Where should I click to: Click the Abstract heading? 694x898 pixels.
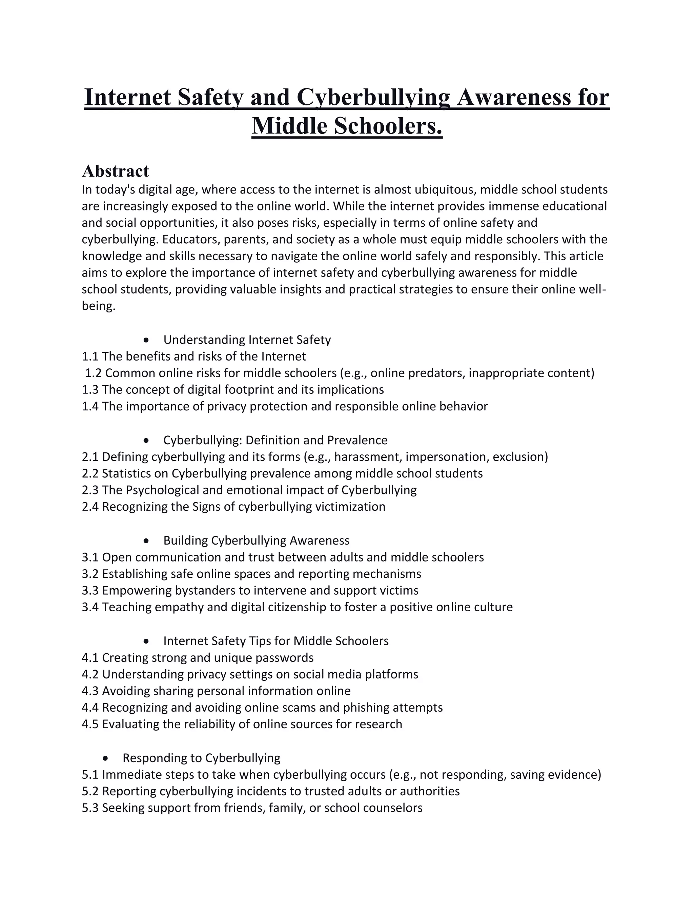(x=115, y=171)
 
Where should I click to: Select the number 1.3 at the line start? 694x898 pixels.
(x=90, y=389)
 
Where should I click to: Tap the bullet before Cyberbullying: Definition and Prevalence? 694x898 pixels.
(x=146, y=441)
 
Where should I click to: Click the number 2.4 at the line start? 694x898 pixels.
(x=90, y=507)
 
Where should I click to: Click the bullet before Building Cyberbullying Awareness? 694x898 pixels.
(x=146, y=541)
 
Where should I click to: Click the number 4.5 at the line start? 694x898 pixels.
(x=90, y=724)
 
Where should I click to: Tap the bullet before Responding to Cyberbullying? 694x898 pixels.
(x=106, y=758)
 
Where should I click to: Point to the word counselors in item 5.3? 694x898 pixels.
(x=394, y=808)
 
